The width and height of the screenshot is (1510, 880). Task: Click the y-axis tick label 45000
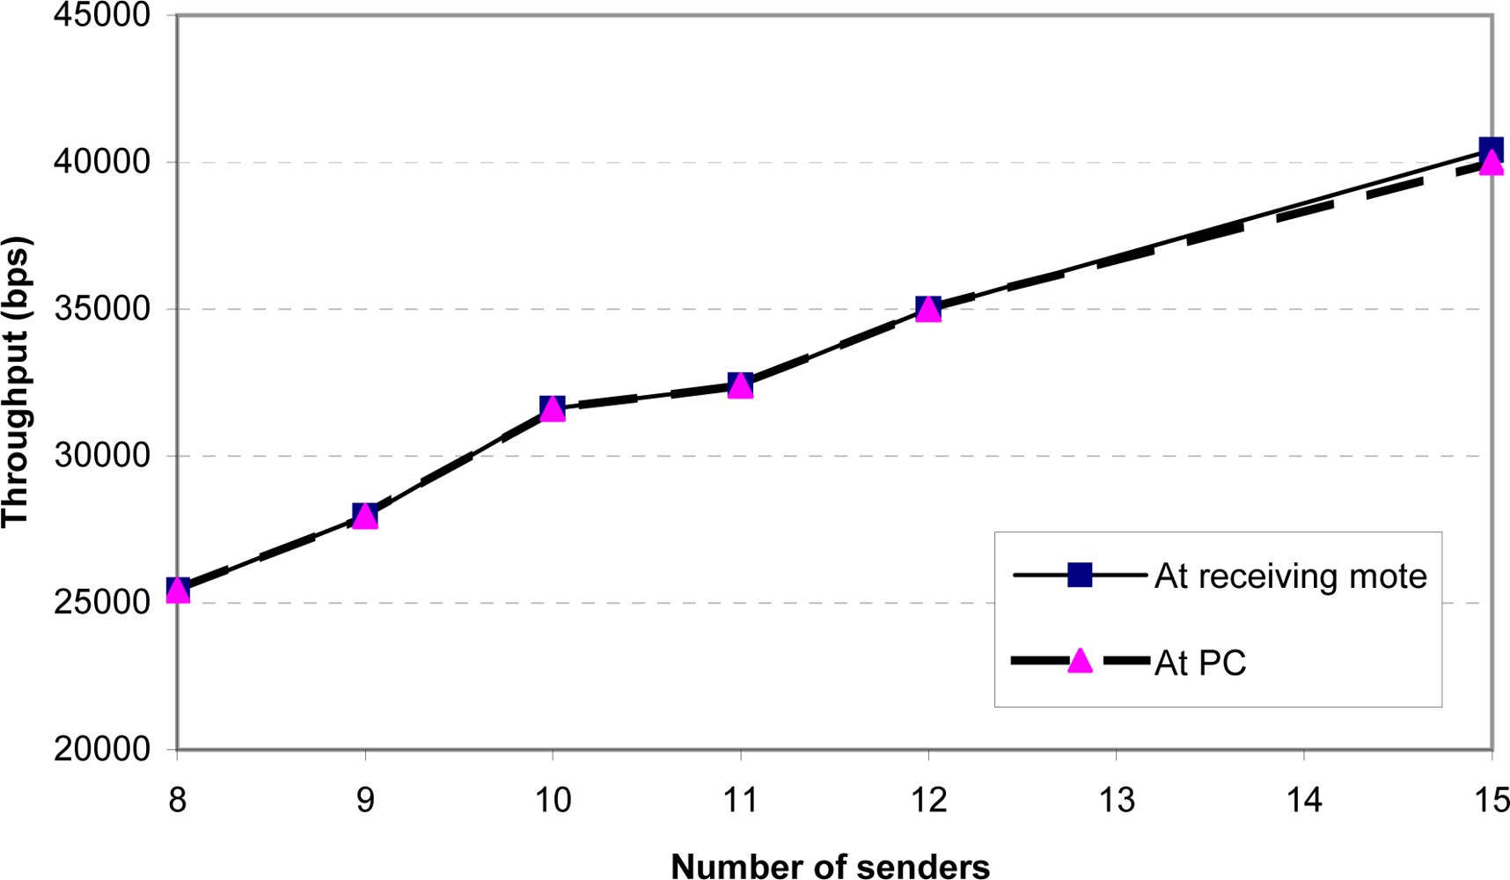point(102,16)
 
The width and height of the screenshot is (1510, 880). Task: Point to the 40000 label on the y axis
point(102,162)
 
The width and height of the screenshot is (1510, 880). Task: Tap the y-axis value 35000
point(102,309)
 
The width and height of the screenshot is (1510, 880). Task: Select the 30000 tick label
point(102,456)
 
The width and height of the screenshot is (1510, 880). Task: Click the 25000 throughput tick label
point(102,603)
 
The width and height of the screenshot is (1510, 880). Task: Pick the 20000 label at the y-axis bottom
point(102,749)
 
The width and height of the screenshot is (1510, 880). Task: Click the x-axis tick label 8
point(178,800)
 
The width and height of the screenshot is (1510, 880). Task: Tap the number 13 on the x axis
point(1116,800)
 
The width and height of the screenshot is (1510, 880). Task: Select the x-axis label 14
point(1303,800)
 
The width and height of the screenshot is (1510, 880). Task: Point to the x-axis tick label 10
point(553,800)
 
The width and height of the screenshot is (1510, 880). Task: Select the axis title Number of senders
point(830,866)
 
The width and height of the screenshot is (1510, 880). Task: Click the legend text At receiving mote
point(1290,576)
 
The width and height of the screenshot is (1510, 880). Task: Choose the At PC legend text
point(1200,663)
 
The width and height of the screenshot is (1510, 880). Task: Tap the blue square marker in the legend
point(1080,576)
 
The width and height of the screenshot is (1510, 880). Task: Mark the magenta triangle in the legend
point(1080,662)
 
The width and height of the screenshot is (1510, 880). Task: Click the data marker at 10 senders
point(553,408)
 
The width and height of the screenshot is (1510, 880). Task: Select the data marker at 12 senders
point(928,309)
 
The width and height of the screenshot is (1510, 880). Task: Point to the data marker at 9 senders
point(365,516)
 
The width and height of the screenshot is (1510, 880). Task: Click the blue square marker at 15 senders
point(1491,149)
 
